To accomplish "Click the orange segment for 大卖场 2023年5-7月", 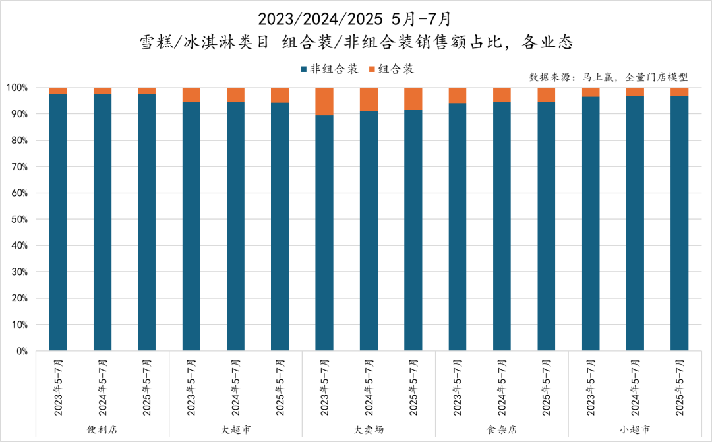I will [x=324, y=102].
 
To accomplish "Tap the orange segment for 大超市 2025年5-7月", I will [x=280, y=95].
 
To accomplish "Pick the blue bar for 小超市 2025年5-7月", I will [x=679, y=224].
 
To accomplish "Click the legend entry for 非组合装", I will [x=329, y=69].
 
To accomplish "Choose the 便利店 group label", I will [x=102, y=429].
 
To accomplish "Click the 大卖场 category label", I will [x=369, y=429].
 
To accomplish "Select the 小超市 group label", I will [x=635, y=429].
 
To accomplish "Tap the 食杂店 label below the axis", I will [x=502, y=429].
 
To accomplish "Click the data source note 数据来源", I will [x=608, y=77].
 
